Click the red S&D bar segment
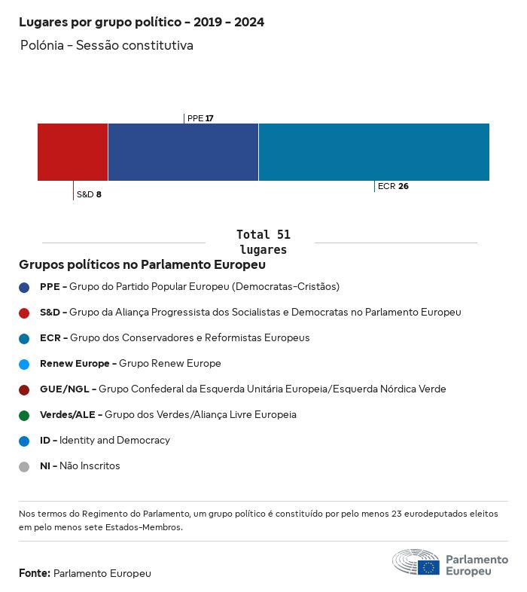coord(72,152)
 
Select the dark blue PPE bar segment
coord(183,152)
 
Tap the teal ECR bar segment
coord(373,152)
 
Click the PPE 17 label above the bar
coord(200,118)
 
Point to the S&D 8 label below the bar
coord(89,194)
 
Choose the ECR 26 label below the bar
coord(393,186)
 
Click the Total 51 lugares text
coord(263,242)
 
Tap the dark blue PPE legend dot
coord(24,287)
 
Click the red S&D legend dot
coord(24,313)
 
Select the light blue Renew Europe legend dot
coord(24,364)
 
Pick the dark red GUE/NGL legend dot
coord(24,389)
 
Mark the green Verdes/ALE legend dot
coord(24,415)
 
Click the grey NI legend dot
coord(24,466)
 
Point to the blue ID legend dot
coord(24,441)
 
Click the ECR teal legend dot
coord(24,338)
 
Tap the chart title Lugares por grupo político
coord(142,23)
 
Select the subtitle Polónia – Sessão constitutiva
coord(107,46)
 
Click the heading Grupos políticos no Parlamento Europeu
coord(142,265)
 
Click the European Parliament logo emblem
coord(416,563)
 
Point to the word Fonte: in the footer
coord(35,573)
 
